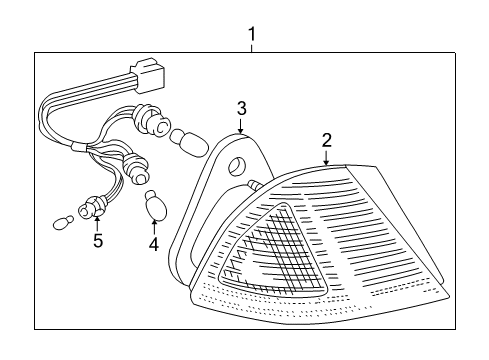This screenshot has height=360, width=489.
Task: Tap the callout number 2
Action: point(326,140)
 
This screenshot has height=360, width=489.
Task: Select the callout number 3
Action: point(241,108)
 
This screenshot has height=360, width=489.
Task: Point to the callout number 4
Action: point(153,242)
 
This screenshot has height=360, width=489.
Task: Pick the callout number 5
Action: point(97,240)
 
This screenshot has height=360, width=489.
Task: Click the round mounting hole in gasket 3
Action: point(237,166)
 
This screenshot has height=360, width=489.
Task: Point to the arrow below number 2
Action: point(326,156)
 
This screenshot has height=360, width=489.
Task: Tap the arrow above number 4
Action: point(153,224)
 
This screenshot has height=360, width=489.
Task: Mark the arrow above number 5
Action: point(97,223)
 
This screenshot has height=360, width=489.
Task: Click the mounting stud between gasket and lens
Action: point(254,184)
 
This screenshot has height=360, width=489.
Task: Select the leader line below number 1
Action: point(251,47)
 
